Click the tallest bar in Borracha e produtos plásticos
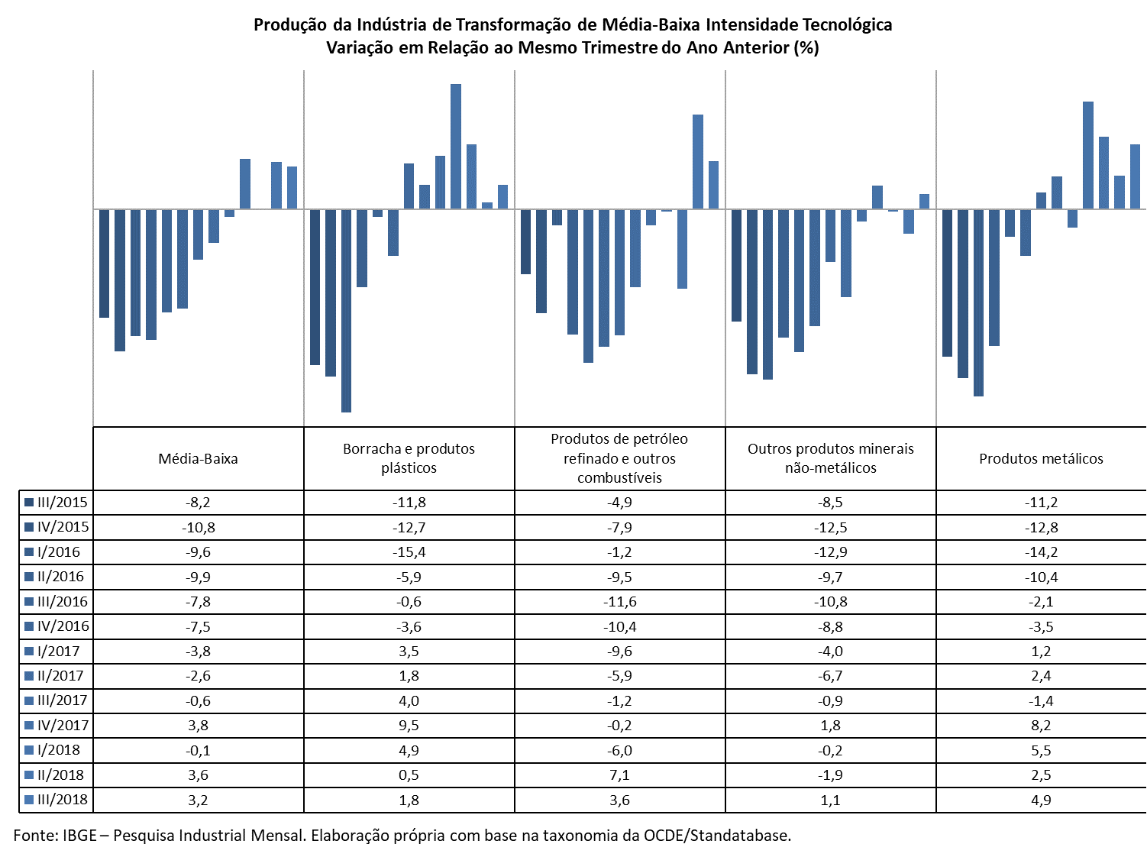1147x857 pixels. (455, 147)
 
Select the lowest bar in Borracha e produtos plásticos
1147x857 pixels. (346, 311)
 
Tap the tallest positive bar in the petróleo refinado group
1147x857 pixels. (698, 162)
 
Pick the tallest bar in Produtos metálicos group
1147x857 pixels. (1088, 155)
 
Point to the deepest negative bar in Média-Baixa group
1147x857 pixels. (120, 280)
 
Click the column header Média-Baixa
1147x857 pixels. (198, 459)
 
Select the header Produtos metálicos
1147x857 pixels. (1041, 459)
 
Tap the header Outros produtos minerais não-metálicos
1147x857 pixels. (830, 458)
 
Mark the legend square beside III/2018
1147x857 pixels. (29, 800)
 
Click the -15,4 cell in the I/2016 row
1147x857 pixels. (409, 551)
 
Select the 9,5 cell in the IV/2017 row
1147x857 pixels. (409, 726)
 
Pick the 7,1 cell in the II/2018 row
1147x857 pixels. (619, 775)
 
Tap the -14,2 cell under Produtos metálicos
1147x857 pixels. (1041, 551)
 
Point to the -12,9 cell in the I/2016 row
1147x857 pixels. (830, 551)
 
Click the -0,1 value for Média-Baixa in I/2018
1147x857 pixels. (198, 750)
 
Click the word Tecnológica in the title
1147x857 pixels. (847, 24)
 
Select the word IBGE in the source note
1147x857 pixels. (79, 836)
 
